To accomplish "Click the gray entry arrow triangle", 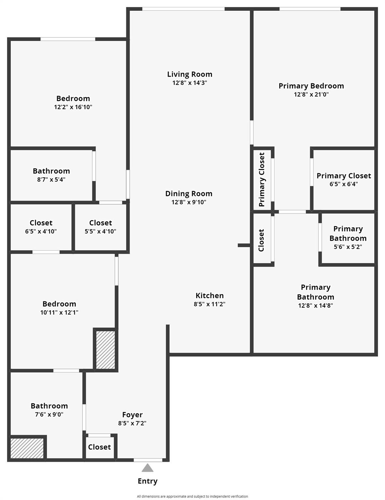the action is coord(148,468).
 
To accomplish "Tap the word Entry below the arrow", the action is coord(148,481).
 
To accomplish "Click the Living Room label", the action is coord(190,74).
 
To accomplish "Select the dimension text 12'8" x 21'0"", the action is coord(311,94).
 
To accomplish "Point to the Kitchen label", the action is coord(209,296).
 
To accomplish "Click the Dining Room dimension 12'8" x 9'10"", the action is coord(189,202).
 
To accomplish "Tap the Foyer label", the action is coord(132,415).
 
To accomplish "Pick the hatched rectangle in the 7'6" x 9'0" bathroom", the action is coord(27,449).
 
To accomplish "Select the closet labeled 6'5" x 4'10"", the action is coord(41,227).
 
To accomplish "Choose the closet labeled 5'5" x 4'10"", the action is coord(101,227).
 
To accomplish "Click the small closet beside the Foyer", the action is coord(100,447).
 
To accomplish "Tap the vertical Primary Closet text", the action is coord(262,179).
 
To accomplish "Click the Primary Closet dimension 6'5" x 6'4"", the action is coord(344,184).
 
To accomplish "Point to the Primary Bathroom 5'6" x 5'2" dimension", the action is coord(348,247).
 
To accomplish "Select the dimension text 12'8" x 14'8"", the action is coord(316,305).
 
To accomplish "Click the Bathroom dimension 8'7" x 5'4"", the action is coord(51,179).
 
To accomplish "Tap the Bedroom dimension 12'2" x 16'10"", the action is coord(73,107).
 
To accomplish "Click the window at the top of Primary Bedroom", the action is coord(310,9).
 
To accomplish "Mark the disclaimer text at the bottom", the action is coord(192,496).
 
